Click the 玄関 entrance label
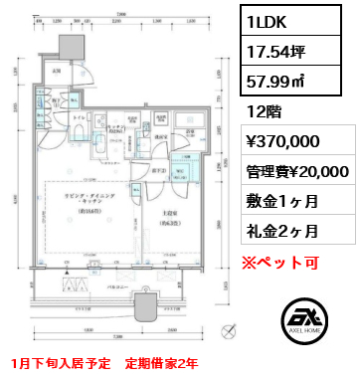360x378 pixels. click(x=57, y=71)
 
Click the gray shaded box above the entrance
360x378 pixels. click(x=72, y=48)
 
